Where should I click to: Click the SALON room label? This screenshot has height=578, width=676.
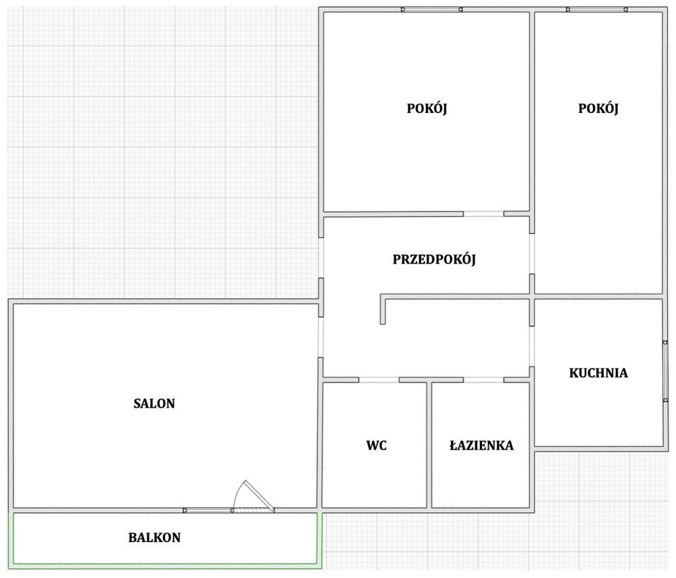tap(154, 404)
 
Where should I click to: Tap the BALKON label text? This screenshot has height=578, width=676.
tap(154, 537)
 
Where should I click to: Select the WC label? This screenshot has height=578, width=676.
tap(377, 445)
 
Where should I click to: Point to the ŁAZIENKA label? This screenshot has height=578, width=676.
tap(481, 445)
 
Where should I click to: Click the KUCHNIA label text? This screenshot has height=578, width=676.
tap(598, 373)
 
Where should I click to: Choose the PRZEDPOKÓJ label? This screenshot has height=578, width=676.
tap(434, 260)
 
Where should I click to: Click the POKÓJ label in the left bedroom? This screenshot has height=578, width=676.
tap(427, 108)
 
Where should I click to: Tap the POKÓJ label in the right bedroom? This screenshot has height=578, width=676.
tap(598, 108)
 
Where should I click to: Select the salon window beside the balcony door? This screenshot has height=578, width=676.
tap(208, 510)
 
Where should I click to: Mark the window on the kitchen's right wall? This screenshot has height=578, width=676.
tap(665, 371)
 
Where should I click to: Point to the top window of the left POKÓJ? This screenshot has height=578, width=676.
tap(431, 9)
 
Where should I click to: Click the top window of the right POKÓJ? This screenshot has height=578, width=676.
tap(597, 9)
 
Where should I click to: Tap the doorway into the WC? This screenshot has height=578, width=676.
tap(379, 380)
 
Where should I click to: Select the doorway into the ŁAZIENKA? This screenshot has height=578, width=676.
tap(484, 380)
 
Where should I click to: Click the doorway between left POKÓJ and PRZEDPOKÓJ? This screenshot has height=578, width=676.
tap(484, 214)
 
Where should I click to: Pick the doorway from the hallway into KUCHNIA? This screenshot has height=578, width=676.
tap(532, 346)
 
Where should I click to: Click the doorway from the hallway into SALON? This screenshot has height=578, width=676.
tap(320, 337)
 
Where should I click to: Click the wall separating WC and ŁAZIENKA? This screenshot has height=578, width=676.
tap(429, 445)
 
